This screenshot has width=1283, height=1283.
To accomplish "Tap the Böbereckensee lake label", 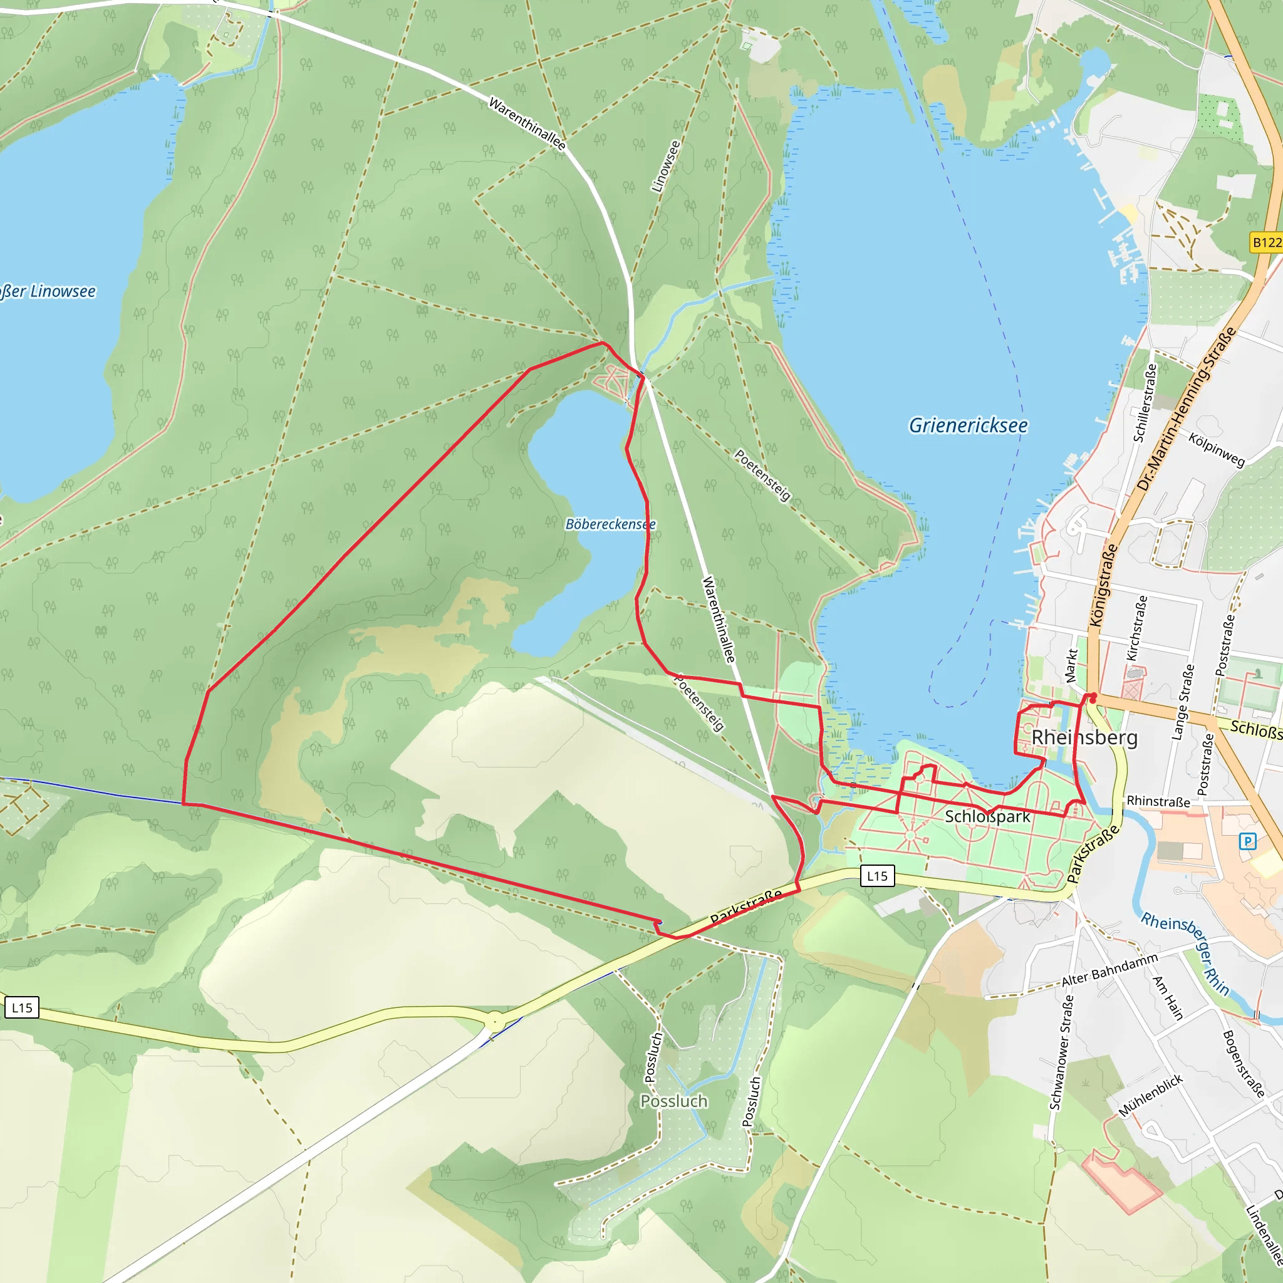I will click(610, 524).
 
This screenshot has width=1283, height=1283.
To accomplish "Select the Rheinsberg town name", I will click(1084, 738).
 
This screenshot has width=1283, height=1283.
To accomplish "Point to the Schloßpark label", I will click(987, 816).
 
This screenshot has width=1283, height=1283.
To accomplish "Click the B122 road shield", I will click(1265, 242).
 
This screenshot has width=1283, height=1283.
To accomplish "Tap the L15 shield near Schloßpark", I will click(876, 876).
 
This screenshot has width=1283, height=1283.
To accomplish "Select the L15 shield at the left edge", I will click(22, 1007).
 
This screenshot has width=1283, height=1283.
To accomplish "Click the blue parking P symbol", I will click(1248, 842).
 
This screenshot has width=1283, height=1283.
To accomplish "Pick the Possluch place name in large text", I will click(673, 1101).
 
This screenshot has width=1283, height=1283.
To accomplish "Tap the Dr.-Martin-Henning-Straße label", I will click(1186, 409).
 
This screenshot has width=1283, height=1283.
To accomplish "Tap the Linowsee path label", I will click(666, 167).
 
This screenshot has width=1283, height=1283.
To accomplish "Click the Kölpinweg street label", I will click(1216, 450).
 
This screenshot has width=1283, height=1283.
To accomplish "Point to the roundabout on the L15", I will click(495, 1022).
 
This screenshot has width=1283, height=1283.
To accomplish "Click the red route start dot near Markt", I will click(1093, 699).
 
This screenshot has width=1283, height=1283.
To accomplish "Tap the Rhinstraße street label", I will click(1158, 801).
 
